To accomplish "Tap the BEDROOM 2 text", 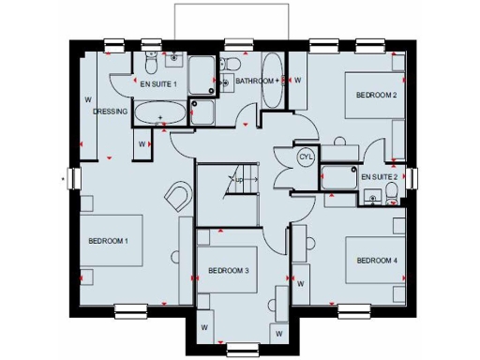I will (375, 95).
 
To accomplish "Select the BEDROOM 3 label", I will (228, 271).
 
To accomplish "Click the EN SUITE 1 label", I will (158, 83).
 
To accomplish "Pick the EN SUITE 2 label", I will (380, 175).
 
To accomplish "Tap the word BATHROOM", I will (253, 82).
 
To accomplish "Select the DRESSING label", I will (110, 112).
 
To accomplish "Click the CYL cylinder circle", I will (305, 157).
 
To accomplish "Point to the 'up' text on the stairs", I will (239, 178).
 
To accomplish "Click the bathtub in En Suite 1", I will (160, 114).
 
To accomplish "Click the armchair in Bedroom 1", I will (177, 197).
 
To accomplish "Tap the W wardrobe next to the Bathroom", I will (297, 81).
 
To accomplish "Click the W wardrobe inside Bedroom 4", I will (302, 280).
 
